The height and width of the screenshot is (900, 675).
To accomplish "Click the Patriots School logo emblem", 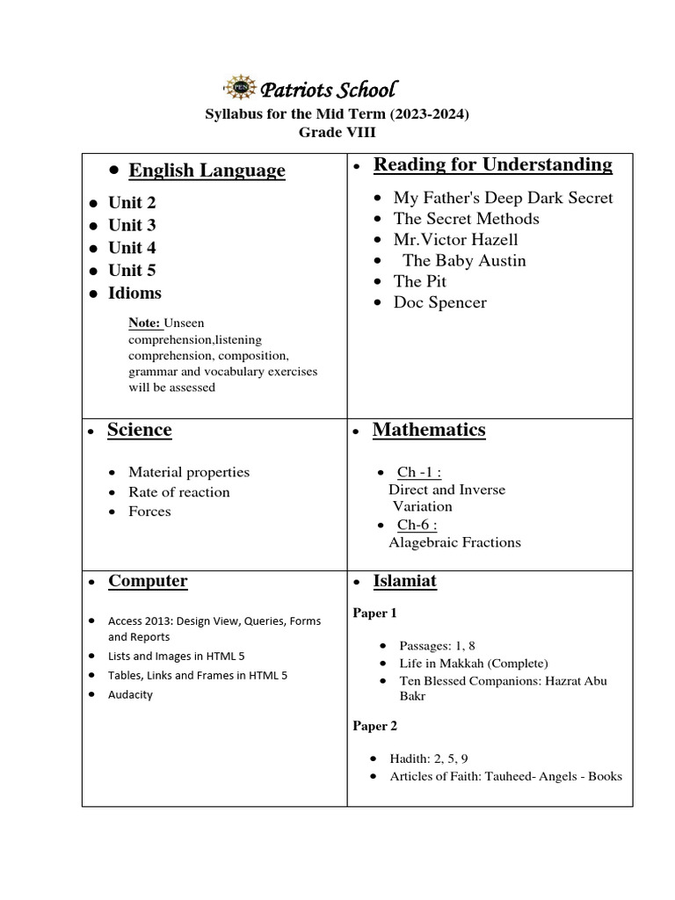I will [237, 87].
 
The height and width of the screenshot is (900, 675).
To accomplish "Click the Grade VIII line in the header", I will [337, 132].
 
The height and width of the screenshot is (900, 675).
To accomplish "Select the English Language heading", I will [207, 171].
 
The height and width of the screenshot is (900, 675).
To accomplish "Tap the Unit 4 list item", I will [132, 248].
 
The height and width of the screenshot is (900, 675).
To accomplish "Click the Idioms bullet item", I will [134, 293].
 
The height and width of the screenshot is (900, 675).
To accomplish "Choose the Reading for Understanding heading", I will [492, 164].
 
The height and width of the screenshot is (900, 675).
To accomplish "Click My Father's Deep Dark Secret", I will [503, 198].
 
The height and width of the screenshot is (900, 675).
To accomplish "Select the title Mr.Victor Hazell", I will [455, 239].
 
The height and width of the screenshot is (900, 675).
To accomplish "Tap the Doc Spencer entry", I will [439, 302].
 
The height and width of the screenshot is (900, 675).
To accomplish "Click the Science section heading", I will [139, 430].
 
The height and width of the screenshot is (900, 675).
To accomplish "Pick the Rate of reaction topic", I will [178, 492].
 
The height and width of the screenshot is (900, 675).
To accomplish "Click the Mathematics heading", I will [429, 430].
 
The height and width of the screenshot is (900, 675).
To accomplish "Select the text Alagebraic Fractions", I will [454, 542].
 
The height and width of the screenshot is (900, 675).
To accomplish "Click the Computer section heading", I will [148, 581].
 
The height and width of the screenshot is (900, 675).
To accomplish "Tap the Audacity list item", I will [130, 694].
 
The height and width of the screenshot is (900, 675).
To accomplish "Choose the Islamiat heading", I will [404, 581].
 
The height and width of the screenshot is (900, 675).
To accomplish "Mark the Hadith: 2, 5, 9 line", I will [437, 758].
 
